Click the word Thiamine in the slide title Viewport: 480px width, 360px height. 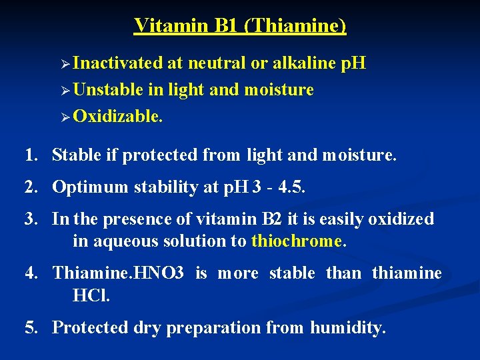coord(299,25)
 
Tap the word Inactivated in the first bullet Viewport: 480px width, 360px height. coord(118,63)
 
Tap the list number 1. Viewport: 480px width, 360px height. coord(29,155)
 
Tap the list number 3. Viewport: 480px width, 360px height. coord(29,219)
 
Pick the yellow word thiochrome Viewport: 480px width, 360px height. coord(297,241)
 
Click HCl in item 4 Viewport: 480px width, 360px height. coord(91,295)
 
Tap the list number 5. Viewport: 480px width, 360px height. coord(29,327)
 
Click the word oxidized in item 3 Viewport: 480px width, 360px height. coord(399,219)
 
